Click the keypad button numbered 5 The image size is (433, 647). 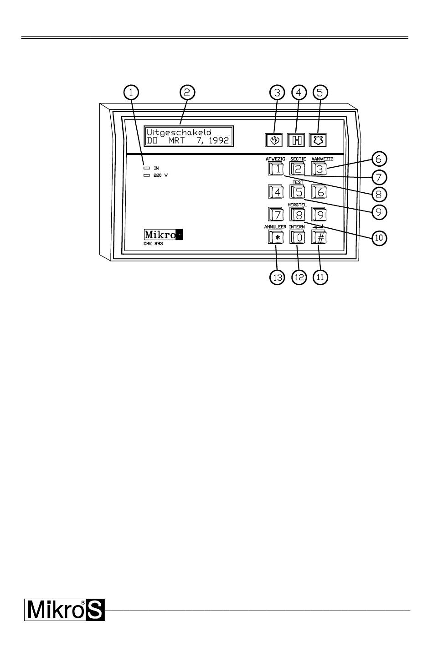(x=298, y=192)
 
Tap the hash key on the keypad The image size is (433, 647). (x=320, y=237)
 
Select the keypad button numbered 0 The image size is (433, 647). (x=298, y=237)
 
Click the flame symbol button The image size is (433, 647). (x=274, y=140)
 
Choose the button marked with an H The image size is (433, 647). (x=296, y=140)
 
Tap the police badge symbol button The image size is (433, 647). (x=318, y=140)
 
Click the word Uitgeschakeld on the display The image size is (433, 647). (x=179, y=132)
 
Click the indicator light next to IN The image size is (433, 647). (x=147, y=168)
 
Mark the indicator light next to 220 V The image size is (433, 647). (x=147, y=175)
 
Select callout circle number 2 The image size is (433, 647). (x=187, y=92)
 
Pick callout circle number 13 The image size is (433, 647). (x=277, y=277)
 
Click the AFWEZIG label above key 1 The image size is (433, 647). (x=275, y=159)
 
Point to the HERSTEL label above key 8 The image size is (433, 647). (x=297, y=205)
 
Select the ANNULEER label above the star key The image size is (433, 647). (x=275, y=226)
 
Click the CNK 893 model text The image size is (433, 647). (x=153, y=244)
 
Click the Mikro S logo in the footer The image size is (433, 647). (x=65, y=610)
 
